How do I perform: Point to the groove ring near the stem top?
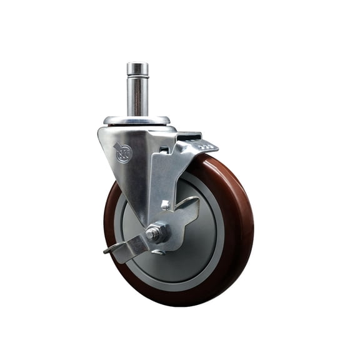[137, 77]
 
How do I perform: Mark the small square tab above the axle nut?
[165, 204]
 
